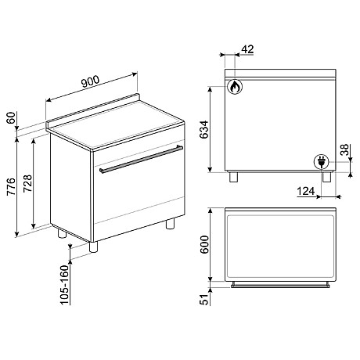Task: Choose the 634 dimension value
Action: click(x=204, y=130)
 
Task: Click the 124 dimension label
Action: click(x=308, y=190)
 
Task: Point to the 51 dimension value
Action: click(x=204, y=299)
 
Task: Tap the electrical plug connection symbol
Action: click(x=320, y=162)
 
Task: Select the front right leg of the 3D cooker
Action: click(x=169, y=225)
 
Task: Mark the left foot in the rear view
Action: click(x=233, y=177)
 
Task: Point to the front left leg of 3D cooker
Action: click(x=95, y=247)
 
